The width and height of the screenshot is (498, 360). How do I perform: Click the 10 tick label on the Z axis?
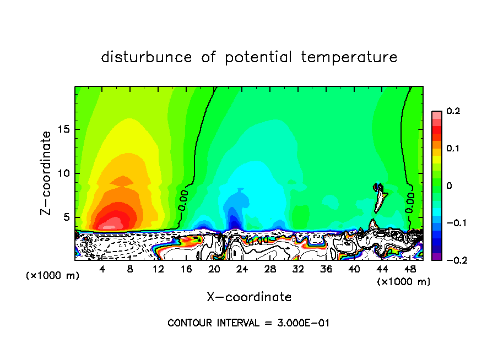pos(64,173)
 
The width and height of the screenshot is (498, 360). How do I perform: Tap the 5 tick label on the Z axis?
pos(67,217)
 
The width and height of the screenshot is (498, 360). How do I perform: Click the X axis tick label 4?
pos(102,269)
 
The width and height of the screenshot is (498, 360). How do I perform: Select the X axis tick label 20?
pos(214,269)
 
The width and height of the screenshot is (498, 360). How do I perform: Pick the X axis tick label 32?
pos(298,269)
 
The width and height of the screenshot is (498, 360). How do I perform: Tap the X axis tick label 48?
pos(410,269)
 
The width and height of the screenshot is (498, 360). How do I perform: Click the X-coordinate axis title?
pos(249,297)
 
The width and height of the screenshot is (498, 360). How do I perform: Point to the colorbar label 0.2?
pos(453,111)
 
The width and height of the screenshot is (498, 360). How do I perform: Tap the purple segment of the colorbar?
pos(436,257)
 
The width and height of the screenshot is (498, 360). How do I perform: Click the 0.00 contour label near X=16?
pos(183,200)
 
